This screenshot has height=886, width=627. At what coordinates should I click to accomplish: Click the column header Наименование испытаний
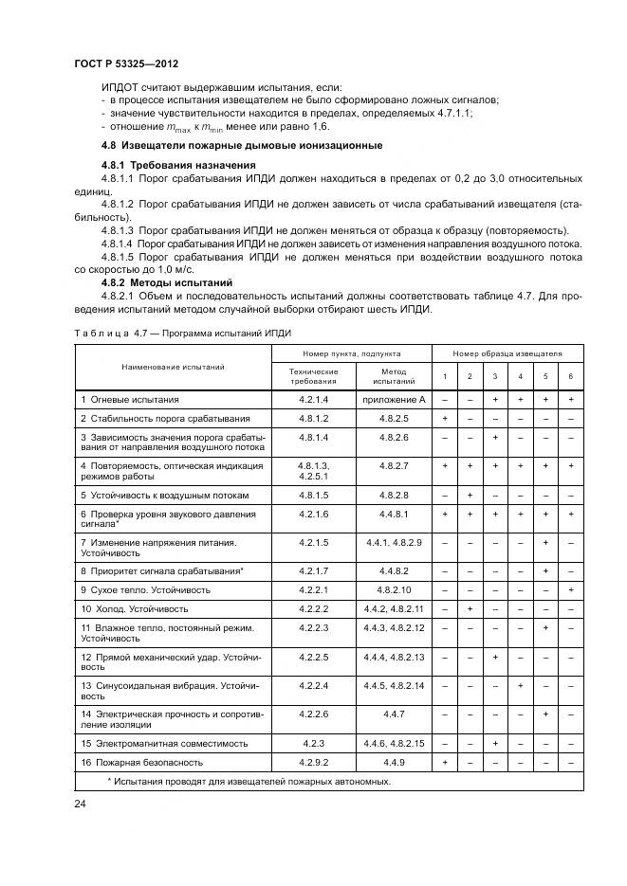[173, 366]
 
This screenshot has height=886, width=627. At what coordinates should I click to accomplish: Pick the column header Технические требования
[312, 376]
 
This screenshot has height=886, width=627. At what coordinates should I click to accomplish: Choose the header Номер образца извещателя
[507, 353]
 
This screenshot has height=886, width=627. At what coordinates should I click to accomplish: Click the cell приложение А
[393, 400]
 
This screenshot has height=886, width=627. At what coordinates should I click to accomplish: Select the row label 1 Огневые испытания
[129, 400]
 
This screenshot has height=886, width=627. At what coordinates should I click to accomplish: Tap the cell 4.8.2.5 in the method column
[393, 418]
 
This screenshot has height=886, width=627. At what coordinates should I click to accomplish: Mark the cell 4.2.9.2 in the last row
[312, 761]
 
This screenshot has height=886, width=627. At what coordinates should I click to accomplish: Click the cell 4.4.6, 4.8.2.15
[393, 743]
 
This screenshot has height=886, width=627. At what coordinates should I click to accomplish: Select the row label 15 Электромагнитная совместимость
[164, 743]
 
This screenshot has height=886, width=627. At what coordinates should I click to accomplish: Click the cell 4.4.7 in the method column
[393, 713]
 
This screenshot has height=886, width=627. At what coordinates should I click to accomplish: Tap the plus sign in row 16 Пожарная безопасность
[444, 761]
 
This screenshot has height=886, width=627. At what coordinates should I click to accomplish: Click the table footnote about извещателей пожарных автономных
[249, 781]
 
